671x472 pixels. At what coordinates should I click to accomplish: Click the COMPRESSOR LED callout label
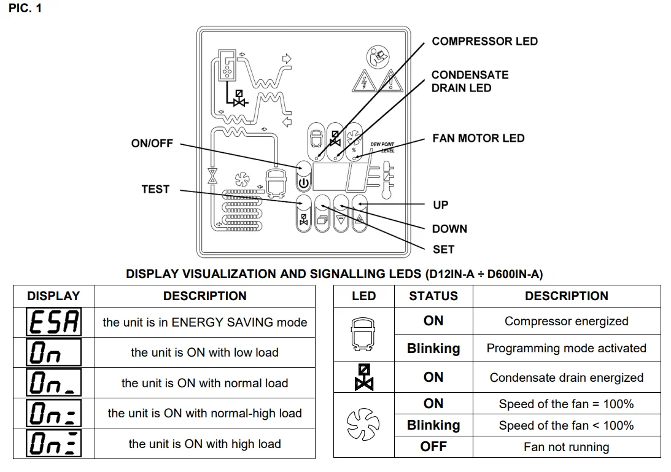coord(484,41)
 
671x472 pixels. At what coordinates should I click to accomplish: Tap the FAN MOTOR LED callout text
coord(478,138)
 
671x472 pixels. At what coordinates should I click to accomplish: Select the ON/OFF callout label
coord(152,144)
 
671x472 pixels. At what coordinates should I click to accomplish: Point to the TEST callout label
coord(155,189)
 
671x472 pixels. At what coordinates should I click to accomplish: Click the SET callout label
coord(443,249)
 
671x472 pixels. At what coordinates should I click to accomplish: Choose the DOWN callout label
coord(449,229)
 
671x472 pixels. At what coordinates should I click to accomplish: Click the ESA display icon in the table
coord(54,322)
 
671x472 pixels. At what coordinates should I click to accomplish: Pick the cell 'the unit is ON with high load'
coord(204,444)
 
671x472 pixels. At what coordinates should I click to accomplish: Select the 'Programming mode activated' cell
coord(566,349)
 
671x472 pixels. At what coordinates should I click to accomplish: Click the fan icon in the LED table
coord(363,425)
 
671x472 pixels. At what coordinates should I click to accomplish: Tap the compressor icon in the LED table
coord(363,335)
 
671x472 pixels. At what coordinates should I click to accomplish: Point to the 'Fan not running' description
coord(566,447)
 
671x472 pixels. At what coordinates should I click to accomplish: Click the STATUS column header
coord(433,296)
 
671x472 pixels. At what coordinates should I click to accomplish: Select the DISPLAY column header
coord(54,296)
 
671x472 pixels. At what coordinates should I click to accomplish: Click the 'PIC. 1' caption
coord(26,9)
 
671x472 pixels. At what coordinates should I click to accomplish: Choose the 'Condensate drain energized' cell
coord(566,377)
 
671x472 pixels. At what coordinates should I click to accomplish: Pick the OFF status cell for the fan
coord(433,446)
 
